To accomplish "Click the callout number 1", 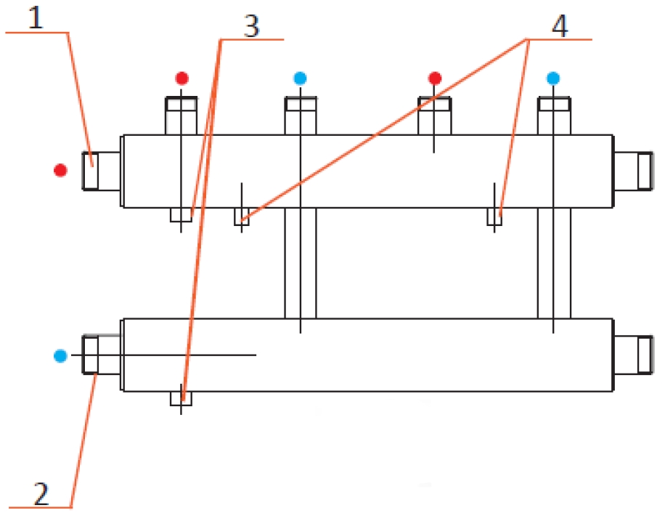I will (36, 16).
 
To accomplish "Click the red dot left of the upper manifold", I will (60, 170).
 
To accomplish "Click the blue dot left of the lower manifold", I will (60, 356).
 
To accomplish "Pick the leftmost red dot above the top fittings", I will (181, 78).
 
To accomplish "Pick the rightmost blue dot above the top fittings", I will (554, 78).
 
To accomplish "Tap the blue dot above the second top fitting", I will (300, 78).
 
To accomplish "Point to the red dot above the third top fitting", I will (434, 78).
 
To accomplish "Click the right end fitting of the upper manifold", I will (634, 171).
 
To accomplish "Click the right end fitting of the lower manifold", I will (634, 355).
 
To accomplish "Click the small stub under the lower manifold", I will (181, 398).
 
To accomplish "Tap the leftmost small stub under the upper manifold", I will (181, 215).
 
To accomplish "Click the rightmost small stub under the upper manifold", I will (494, 217).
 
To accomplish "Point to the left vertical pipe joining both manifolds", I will (300, 263).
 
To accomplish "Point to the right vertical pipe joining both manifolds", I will (554, 263).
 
